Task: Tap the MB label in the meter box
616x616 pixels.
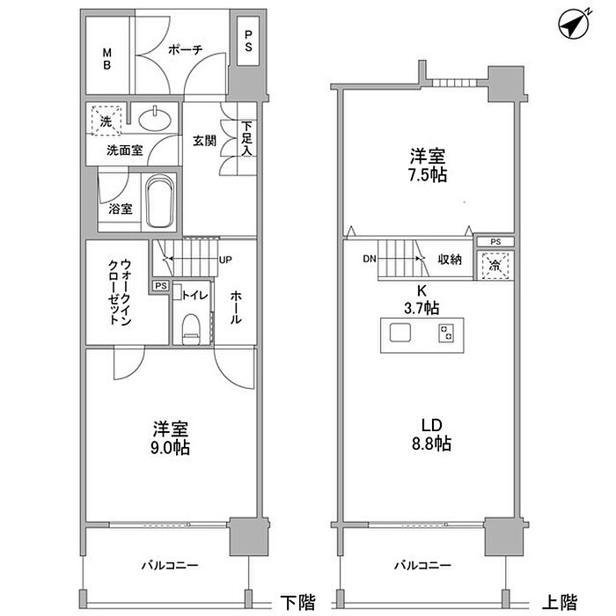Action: (106, 59)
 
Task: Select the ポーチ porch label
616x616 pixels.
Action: (185, 49)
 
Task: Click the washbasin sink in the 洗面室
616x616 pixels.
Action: (155, 119)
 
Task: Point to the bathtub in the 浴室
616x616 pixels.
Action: (159, 202)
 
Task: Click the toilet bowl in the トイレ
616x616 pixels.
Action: (191, 329)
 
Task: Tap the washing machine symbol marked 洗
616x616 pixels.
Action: (106, 121)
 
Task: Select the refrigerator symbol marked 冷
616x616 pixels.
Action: (495, 266)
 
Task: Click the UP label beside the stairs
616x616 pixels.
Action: (225, 260)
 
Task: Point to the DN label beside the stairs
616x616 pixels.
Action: (370, 259)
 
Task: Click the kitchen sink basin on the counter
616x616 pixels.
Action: (400, 333)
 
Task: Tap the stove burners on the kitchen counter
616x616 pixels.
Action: (446, 333)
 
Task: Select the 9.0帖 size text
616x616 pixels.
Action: (170, 447)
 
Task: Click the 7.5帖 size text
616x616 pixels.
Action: (428, 175)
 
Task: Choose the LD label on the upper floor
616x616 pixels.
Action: (432, 425)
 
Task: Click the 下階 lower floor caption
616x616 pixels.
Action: (297, 602)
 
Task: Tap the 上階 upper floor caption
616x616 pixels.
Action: (560, 602)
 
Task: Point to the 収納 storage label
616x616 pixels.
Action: (450, 260)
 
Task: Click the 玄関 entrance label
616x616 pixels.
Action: (204, 141)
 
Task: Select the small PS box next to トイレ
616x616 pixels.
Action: (161, 286)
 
